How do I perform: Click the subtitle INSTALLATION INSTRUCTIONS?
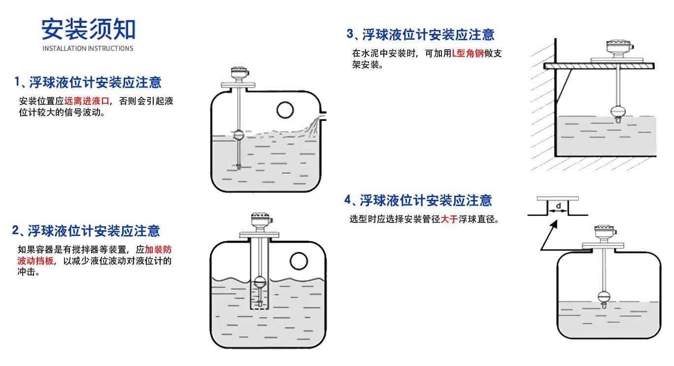(88, 48)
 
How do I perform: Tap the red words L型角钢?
(468, 54)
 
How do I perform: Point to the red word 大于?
(449, 219)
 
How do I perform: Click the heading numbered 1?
(88, 82)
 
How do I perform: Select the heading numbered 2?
(86, 230)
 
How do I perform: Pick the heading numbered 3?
(420, 34)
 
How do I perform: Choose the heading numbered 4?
(418, 200)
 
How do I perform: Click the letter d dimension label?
(558, 205)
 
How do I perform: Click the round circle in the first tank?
(285, 110)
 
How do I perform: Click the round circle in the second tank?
(299, 260)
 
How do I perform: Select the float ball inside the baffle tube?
(260, 282)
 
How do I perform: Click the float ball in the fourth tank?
(604, 296)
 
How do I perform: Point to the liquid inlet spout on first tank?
(322, 117)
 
